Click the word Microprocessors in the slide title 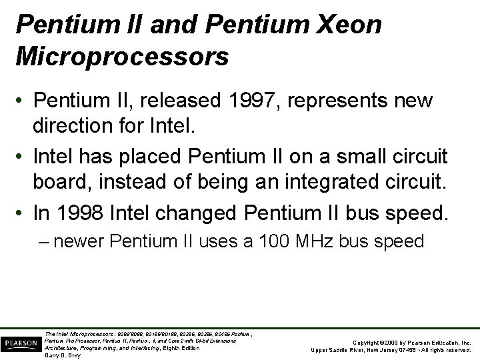tap(121, 56)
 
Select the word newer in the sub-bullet tap(77, 241)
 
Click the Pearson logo tap(20, 344)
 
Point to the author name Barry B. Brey tap(62, 355)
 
